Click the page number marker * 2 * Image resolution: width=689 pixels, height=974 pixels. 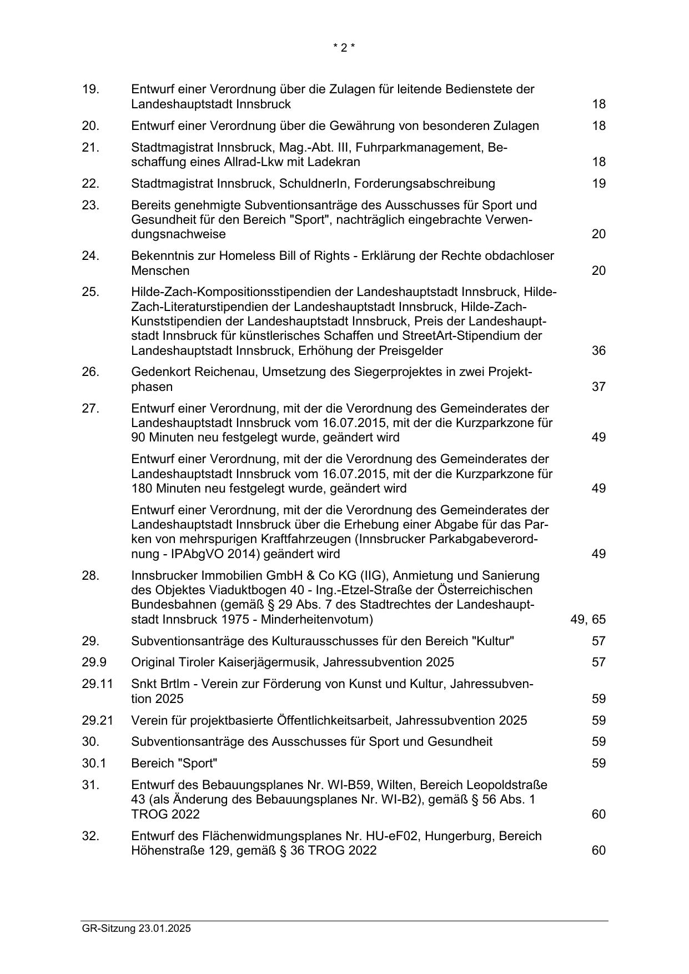tap(344, 48)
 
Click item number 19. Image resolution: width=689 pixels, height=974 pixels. tap(90, 89)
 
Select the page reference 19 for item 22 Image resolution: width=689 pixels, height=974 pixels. tap(598, 184)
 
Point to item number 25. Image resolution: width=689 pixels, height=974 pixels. tap(90, 292)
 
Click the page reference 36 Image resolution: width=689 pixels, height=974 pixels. tap(598, 351)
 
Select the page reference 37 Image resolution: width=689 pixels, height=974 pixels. tap(598, 387)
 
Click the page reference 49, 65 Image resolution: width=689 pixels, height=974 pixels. tap(588, 620)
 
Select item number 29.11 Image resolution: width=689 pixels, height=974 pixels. tap(97, 684)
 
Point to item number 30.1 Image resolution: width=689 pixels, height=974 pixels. tap(94, 764)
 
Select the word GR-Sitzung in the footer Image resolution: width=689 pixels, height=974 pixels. tap(109, 928)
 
